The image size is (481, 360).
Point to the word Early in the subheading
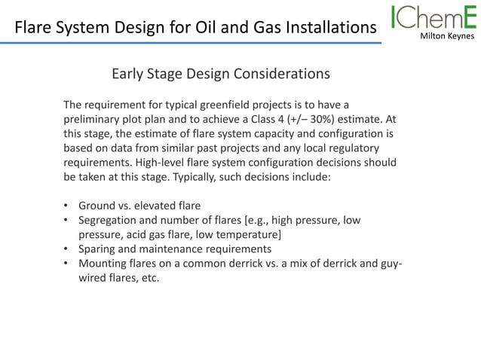129,74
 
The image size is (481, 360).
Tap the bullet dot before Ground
67,206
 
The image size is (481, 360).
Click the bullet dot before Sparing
67,249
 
